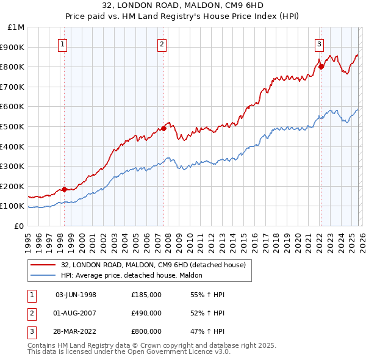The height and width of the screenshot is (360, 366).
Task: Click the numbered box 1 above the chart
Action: (63, 43)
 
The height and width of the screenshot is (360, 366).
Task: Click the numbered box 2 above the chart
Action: (162, 43)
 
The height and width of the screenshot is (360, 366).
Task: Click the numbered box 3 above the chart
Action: (319, 43)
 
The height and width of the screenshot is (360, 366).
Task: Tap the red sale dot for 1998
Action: (64, 189)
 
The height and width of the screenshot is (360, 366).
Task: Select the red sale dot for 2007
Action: (163, 128)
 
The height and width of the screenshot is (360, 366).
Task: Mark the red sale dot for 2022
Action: (321, 67)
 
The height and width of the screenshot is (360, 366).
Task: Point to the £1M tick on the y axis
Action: (16, 27)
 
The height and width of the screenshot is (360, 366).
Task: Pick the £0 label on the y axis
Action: (18, 226)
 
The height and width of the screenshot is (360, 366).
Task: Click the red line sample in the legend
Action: (43, 265)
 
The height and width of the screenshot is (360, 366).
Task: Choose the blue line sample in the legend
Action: (43, 275)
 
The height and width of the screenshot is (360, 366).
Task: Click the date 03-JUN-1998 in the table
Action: (76, 295)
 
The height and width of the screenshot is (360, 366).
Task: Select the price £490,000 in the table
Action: (146, 313)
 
